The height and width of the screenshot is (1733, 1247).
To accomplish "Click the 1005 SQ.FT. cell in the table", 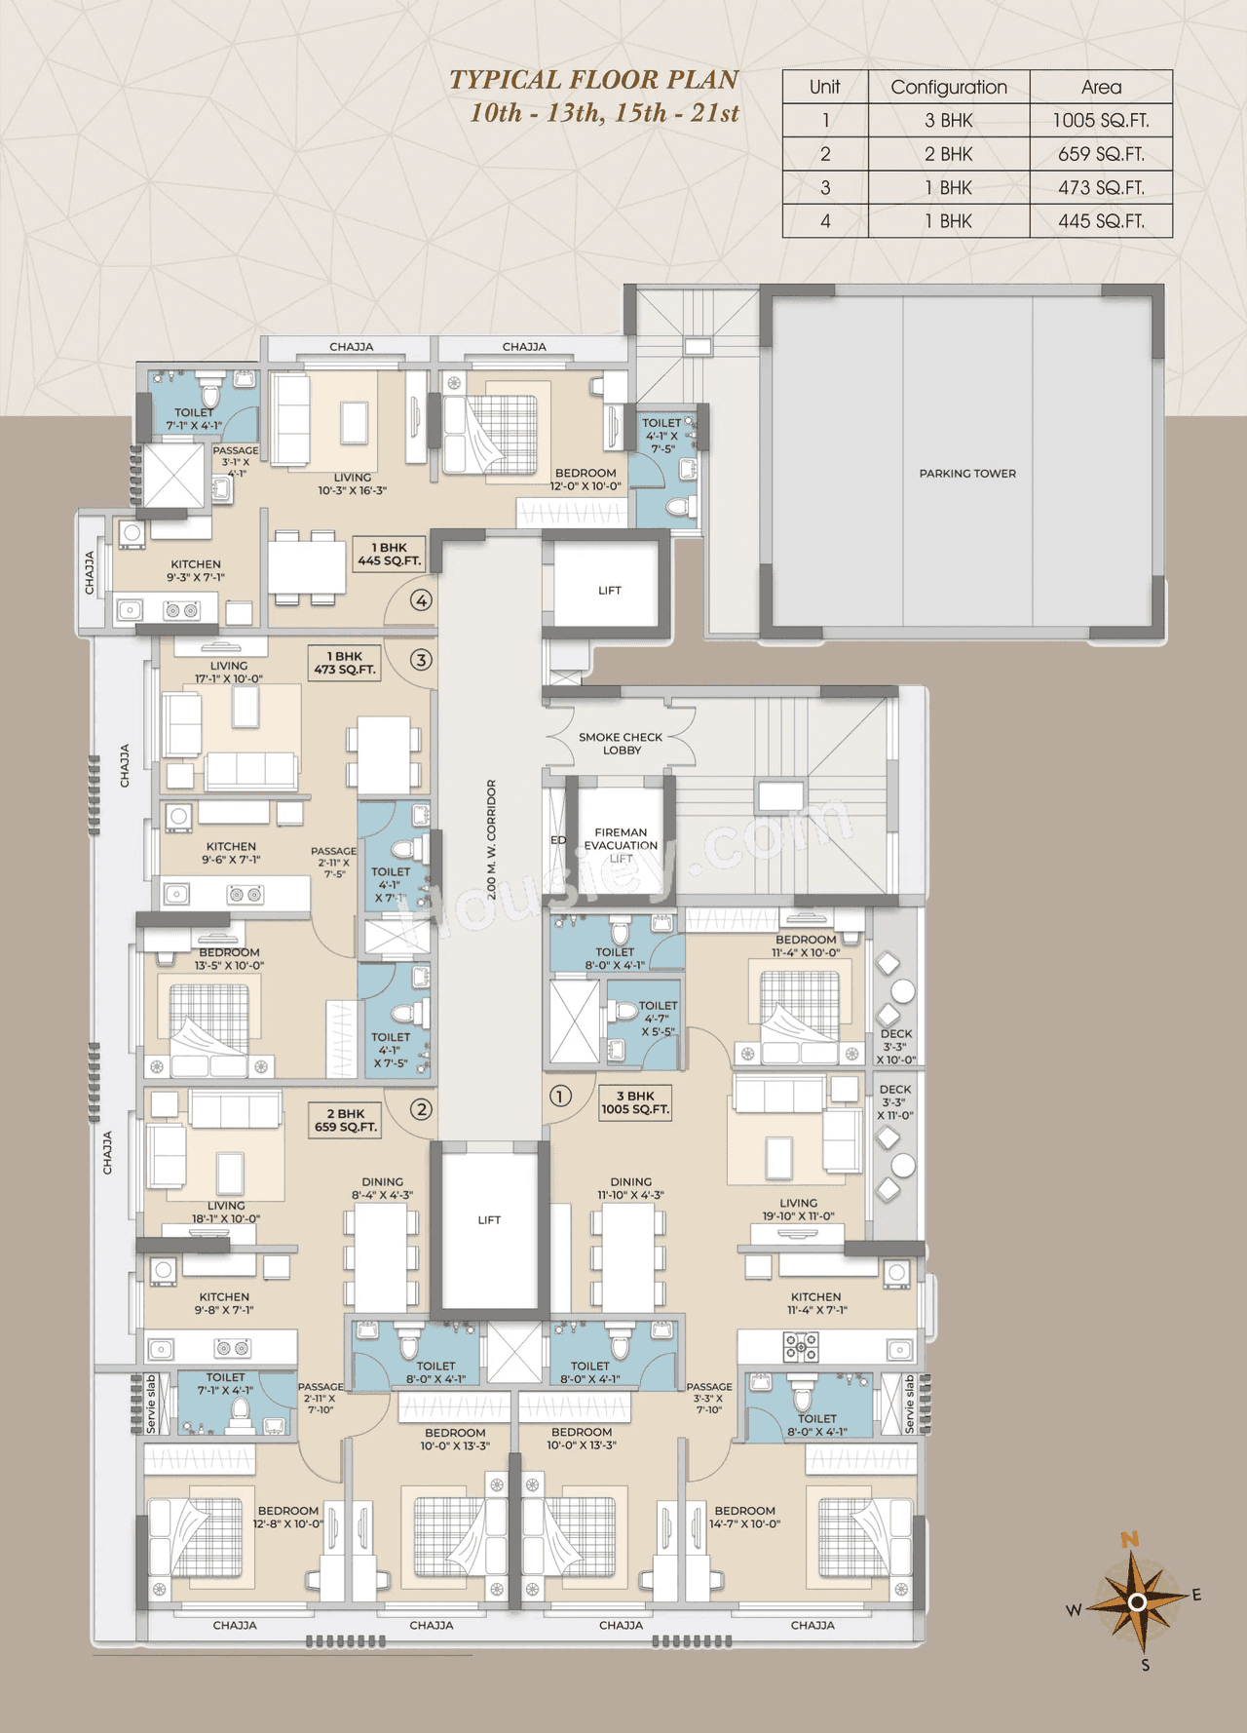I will [x=1101, y=121].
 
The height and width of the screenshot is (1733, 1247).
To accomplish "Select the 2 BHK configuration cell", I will [x=948, y=154].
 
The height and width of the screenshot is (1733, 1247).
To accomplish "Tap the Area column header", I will [x=1101, y=87].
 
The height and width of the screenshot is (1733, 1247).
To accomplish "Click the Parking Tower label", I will [x=967, y=474].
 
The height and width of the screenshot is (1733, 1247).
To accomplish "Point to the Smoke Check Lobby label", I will [x=621, y=744].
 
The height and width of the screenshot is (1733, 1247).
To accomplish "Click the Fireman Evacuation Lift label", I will [x=621, y=845].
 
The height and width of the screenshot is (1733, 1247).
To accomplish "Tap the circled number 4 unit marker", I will [x=421, y=600].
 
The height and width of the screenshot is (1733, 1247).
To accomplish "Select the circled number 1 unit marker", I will [x=560, y=1097].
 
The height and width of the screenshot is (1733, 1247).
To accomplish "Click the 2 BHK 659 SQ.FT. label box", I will [x=345, y=1120].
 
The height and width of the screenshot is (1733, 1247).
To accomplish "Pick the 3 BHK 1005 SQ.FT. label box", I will [x=635, y=1102].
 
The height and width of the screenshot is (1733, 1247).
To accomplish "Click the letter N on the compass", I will [x=1130, y=1540].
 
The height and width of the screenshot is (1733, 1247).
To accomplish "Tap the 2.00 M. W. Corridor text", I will [x=492, y=839].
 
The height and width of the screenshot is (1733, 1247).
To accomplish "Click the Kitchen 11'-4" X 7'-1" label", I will [x=816, y=1303].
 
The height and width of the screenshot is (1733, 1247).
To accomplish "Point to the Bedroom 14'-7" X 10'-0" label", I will [x=745, y=1517].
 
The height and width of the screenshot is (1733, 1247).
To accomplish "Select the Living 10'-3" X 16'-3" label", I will [x=352, y=484].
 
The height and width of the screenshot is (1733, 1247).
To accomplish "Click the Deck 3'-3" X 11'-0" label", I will [x=895, y=1102].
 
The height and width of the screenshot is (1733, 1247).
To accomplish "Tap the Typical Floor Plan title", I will [x=593, y=80].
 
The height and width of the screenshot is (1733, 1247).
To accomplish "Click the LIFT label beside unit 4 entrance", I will [x=610, y=591].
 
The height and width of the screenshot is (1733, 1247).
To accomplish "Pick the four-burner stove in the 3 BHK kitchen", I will [x=801, y=1347].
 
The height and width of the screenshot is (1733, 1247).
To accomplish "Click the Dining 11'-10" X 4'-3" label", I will [x=631, y=1188].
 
